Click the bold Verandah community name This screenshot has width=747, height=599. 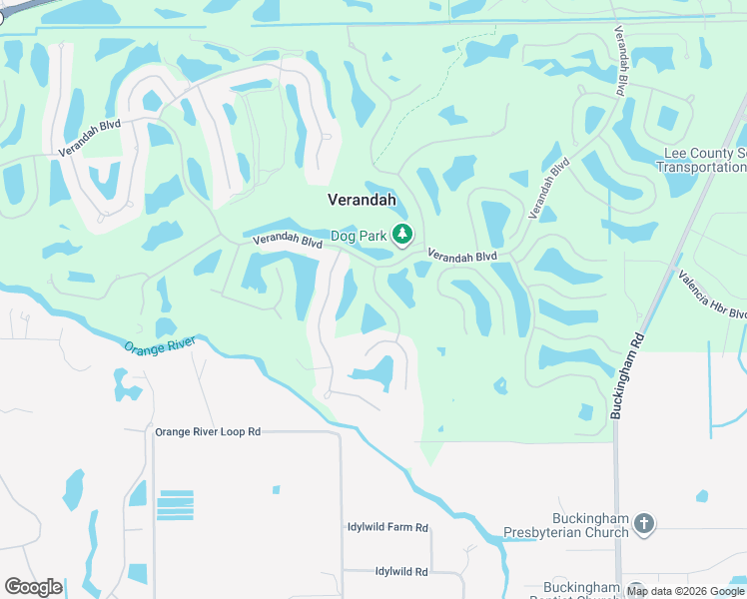click(x=363, y=200)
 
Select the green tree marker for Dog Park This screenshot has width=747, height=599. click(x=402, y=235)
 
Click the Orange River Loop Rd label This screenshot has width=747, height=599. click(x=208, y=432)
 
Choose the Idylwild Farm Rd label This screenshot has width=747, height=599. click(x=387, y=527)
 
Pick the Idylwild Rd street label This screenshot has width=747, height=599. click(x=401, y=571)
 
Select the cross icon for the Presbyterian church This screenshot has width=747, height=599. click(x=644, y=523)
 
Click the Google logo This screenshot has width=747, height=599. click(x=33, y=587)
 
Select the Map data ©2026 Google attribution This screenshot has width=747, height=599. click(x=684, y=591)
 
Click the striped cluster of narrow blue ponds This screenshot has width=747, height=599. click(x=175, y=505)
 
